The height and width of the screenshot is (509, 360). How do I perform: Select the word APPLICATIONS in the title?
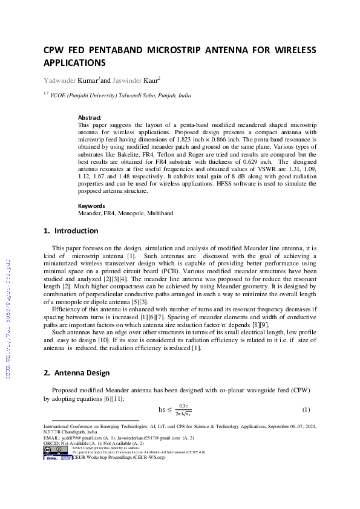(74, 62)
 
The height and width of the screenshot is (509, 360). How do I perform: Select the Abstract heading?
(90, 117)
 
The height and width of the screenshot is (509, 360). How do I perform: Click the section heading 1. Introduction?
(71, 231)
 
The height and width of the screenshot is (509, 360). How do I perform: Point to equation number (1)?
(306, 410)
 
